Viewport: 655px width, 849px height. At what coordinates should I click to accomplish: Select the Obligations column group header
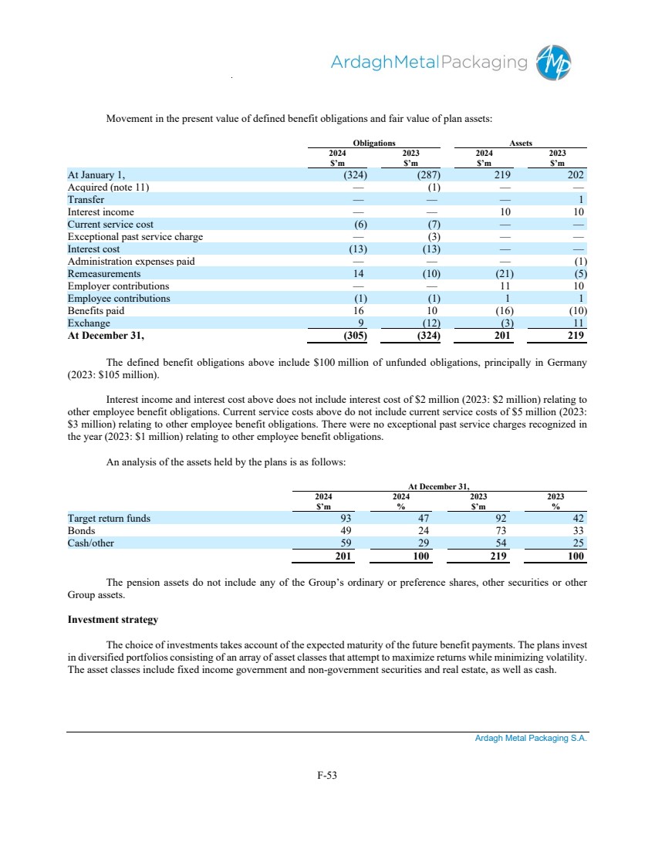pyautogui.click(x=373, y=143)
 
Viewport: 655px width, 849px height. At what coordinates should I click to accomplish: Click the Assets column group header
pyautogui.click(x=521, y=143)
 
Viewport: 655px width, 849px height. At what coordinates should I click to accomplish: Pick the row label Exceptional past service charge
pyautogui.click(x=135, y=236)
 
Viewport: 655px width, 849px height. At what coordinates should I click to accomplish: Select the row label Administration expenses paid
pyautogui.click(x=131, y=261)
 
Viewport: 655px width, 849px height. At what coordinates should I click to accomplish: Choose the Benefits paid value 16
pyautogui.click(x=359, y=310)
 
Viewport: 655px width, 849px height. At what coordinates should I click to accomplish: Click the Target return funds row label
pyautogui.click(x=109, y=519)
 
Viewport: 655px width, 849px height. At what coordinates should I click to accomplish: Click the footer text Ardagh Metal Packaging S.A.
pyautogui.click(x=531, y=739)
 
